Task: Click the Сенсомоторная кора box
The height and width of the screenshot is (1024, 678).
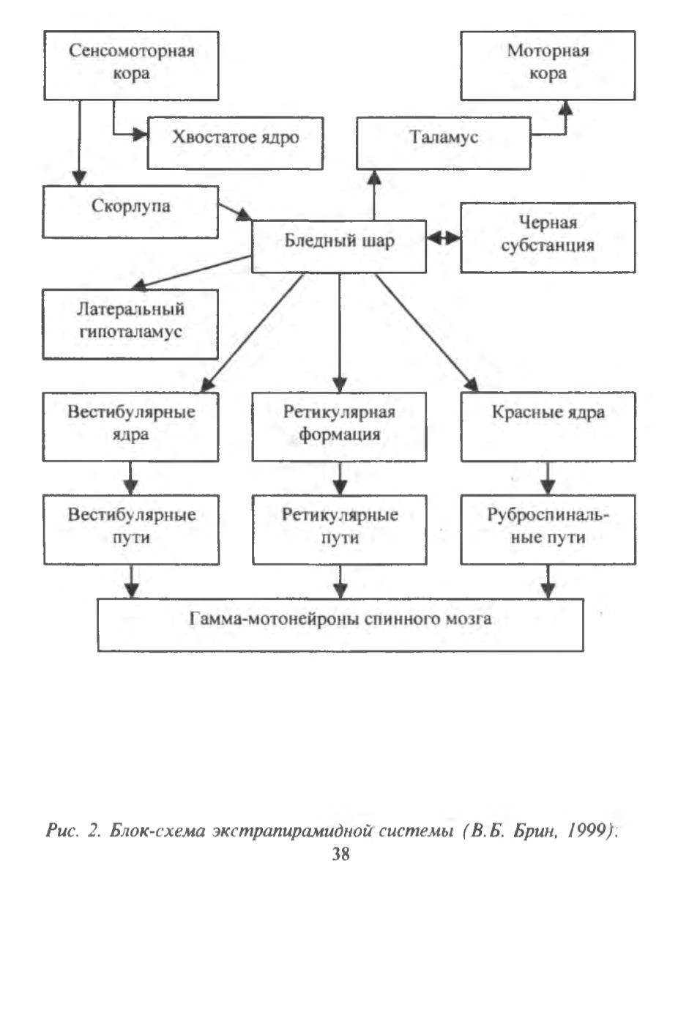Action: point(131,65)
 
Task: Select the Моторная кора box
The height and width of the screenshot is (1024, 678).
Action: point(548,65)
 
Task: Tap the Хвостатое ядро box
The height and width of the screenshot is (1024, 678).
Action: point(235,143)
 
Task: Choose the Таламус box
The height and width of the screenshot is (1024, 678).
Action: point(444,143)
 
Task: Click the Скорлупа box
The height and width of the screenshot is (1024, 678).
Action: point(130,212)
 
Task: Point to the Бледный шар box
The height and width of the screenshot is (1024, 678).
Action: point(339,246)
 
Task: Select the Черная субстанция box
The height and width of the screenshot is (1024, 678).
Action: point(548,238)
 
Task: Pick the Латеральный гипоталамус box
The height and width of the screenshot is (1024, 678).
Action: point(130,324)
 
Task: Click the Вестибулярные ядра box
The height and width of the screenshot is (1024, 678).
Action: point(130,426)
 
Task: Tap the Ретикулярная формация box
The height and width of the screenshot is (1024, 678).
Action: point(340,426)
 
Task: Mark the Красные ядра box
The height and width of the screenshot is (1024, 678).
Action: point(548,426)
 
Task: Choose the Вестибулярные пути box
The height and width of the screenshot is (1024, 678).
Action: point(132,530)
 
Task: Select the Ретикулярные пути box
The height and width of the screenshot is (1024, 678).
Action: point(340,530)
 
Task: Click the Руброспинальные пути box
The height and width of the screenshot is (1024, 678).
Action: point(548,530)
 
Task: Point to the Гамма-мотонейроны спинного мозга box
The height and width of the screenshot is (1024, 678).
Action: point(340,625)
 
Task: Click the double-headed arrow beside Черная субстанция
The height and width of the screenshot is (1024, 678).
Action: point(444,238)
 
